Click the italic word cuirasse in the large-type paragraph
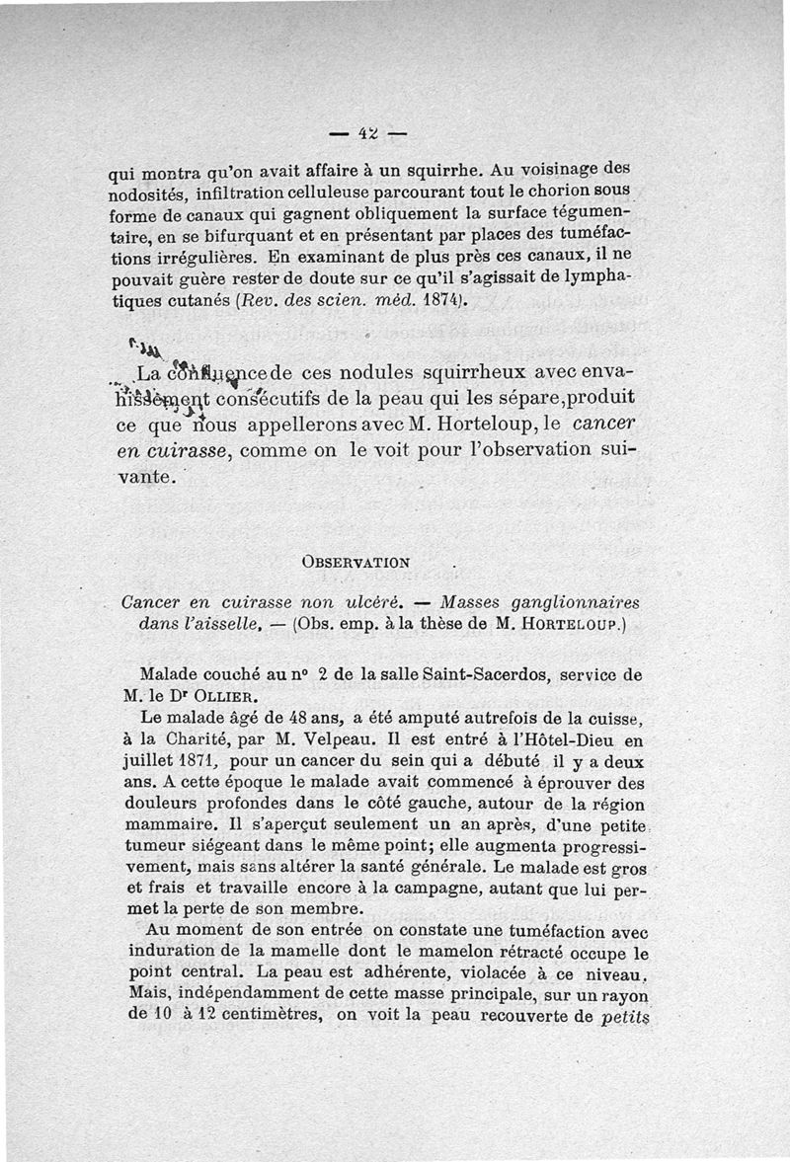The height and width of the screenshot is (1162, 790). click(188, 453)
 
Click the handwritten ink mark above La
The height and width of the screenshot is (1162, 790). click(141, 347)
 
